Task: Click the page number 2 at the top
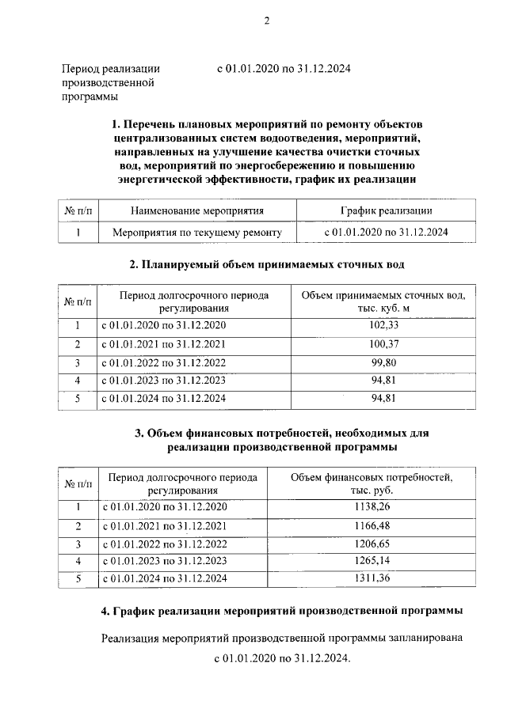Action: (x=267, y=21)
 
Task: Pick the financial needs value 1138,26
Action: (x=371, y=506)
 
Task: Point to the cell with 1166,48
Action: (x=371, y=525)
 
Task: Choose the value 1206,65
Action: (x=371, y=544)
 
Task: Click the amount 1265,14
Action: (x=371, y=562)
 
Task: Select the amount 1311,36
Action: (x=371, y=580)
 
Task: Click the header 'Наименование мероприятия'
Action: (x=197, y=210)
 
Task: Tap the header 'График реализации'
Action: (x=387, y=210)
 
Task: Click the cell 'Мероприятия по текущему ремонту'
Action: (x=197, y=233)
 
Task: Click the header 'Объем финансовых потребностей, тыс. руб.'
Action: (x=371, y=483)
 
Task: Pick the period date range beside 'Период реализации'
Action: (x=283, y=69)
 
